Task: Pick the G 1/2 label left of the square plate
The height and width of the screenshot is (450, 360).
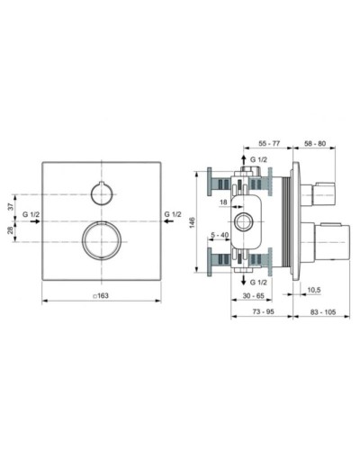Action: click(31, 216)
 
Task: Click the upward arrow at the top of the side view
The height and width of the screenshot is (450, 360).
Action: click(243, 158)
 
